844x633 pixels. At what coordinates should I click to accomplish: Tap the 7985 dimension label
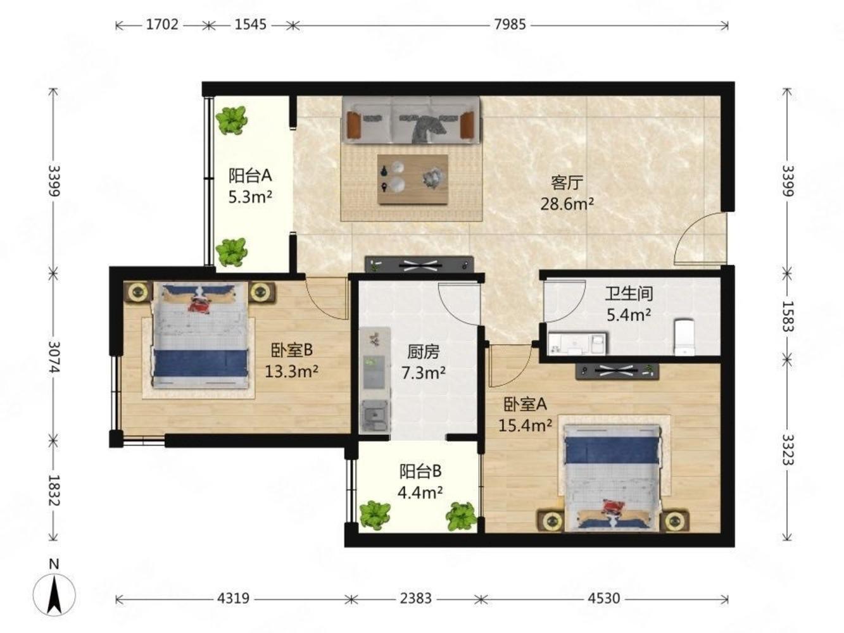[x=510, y=25]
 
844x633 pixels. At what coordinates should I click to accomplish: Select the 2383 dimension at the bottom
[x=415, y=598]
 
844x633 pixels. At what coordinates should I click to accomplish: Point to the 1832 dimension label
[x=53, y=490]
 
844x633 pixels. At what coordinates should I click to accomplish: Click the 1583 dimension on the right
[x=787, y=316]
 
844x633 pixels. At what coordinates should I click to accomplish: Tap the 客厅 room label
[x=567, y=183]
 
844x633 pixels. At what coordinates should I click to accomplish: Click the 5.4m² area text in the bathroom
[x=629, y=315]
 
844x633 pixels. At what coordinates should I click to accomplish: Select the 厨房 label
[x=424, y=352]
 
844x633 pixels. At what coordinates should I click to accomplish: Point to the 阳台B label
[x=420, y=472]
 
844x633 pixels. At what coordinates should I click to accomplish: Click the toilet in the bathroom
[x=684, y=337]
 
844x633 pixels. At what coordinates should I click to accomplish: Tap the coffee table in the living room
[x=413, y=179]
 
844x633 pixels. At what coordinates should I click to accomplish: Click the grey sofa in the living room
[x=411, y=120]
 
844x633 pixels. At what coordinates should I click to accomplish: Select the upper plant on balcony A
[x=232, y=120]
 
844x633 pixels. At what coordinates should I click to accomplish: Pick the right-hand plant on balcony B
[x=461, y=516]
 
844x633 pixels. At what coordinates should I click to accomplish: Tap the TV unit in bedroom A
[x=617, y=371]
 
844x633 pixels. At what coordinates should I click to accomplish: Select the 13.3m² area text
[x=291, y=372]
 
